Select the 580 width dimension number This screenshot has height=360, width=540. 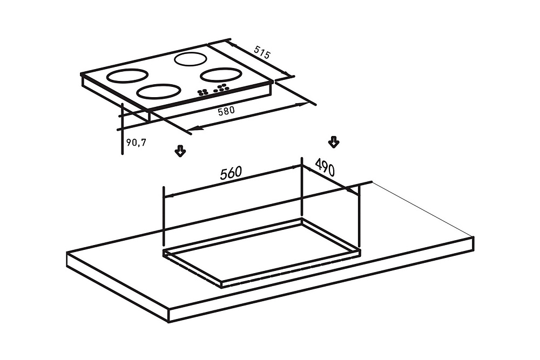coord(226,111)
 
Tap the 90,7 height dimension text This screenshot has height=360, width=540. coord(137,142)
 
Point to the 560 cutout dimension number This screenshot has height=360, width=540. coord(231,173)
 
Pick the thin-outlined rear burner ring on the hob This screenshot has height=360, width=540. coord(191,59)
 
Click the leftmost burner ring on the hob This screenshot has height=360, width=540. coord(128,76)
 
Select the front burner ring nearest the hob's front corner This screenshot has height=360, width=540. coord(158,92)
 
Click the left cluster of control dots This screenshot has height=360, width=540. coord(203,92)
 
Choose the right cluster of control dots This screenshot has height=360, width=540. coord(221,88)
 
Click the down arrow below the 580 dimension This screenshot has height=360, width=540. coord(180,151)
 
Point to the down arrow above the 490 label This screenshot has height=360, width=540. coord(333,142)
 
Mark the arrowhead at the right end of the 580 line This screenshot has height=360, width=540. coord(303,104)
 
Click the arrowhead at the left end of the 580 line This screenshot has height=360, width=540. coord(194,128)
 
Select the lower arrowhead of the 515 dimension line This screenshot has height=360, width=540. coord(288,73)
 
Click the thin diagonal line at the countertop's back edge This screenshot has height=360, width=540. coord(423,209)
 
